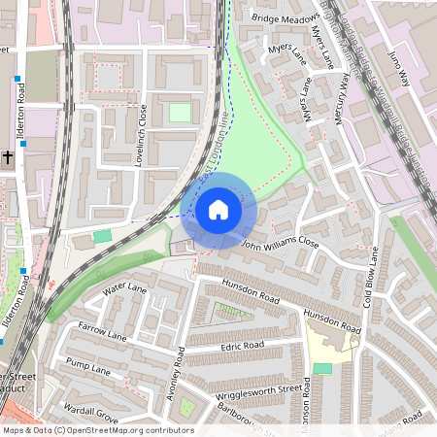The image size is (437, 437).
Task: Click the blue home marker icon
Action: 218,210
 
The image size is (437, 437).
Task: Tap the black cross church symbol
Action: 7,156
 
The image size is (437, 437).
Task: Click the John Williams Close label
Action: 280,242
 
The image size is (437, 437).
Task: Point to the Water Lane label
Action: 124,289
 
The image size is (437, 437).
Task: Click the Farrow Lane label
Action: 104,331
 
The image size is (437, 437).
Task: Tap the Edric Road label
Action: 242,345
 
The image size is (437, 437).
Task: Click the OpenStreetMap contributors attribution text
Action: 97,430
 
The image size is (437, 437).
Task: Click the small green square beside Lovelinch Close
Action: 180,113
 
